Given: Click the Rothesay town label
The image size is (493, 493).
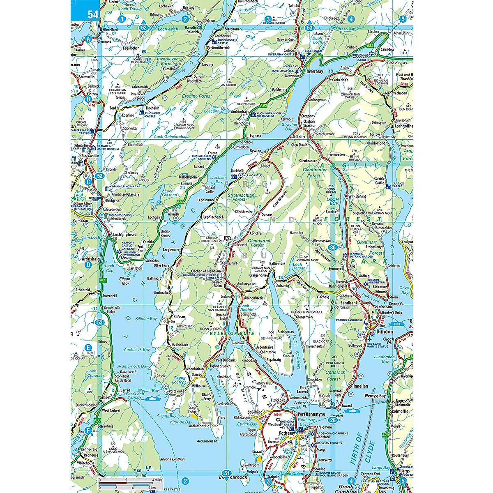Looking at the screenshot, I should pos(287,433).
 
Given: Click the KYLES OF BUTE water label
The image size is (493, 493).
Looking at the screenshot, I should pos(226,333).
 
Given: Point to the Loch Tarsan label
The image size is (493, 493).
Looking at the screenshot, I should pos(299,266).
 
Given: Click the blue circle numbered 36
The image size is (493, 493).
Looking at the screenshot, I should pos(333,247).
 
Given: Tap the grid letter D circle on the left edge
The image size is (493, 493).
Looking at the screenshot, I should pos(88,265).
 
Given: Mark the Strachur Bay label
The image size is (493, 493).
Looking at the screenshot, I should pos(290,126).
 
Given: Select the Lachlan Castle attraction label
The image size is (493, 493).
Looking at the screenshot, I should pos(249,175).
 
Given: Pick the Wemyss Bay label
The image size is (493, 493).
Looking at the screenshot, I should pos(375,396).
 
